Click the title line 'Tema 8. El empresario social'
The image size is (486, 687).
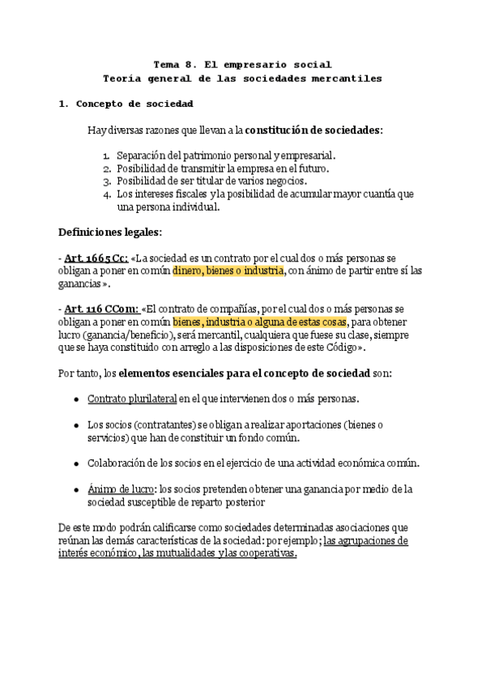(242, 64)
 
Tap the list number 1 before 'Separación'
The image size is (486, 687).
(107, 155)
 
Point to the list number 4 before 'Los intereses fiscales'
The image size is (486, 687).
(107, 194)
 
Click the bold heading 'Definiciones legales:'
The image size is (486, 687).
(110, 232)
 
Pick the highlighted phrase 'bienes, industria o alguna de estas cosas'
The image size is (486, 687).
(259, 322)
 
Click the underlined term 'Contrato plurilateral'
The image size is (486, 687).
(132, 399)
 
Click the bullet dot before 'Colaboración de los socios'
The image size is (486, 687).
(75, 463)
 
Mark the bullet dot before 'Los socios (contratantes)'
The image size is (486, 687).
(75, 425)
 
